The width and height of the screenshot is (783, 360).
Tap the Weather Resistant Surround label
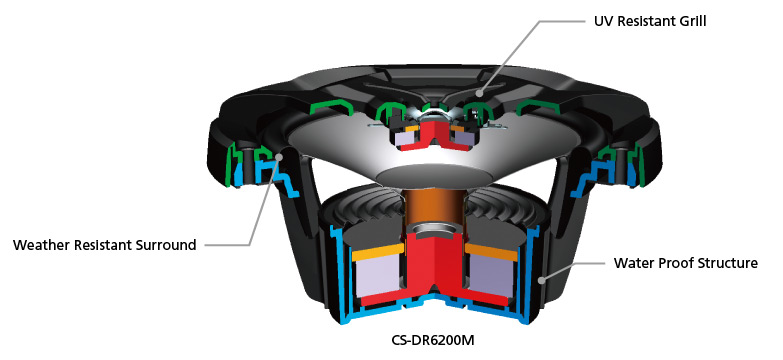coord(104,245)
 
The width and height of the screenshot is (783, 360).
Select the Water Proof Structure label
coord(686,263)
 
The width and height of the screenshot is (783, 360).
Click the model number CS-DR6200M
coord(432,341)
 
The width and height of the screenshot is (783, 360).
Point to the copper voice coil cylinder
coord(433,211)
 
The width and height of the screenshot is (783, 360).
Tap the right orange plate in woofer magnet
coord(490,252)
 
